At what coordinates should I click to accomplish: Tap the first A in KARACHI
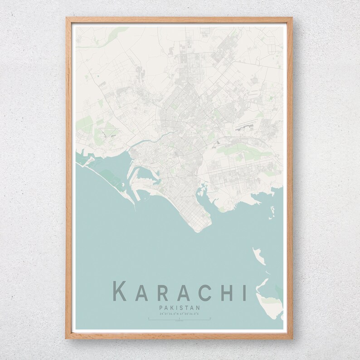pyautogui.click(x=142, y=291)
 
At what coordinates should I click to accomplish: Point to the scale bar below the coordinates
pyautogui.click(x=180, y=319)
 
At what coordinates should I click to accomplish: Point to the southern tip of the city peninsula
pyautogui.click(x=197, y=230)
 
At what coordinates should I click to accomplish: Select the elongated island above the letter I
pyautogui.click(x=259, y=256)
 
